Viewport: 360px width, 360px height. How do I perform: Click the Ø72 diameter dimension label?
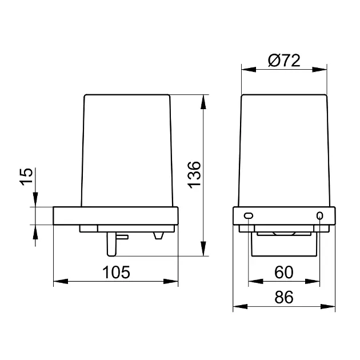click(284, 61)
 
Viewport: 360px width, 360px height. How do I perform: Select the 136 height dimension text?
click(194, 175)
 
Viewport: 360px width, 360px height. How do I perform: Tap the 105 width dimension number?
click(116, 273)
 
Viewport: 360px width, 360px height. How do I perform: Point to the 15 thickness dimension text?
click(26, 177)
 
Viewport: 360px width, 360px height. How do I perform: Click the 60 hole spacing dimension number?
click(284, 273)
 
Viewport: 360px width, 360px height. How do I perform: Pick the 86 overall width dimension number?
click(284, 297)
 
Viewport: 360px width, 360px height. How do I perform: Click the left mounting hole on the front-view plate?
click(249, 215)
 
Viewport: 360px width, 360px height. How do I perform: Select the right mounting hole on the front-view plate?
click(319, 216)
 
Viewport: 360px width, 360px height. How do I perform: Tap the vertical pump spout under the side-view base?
click(111, 245)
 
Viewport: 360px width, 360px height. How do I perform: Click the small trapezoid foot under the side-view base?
click(158, 236)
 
